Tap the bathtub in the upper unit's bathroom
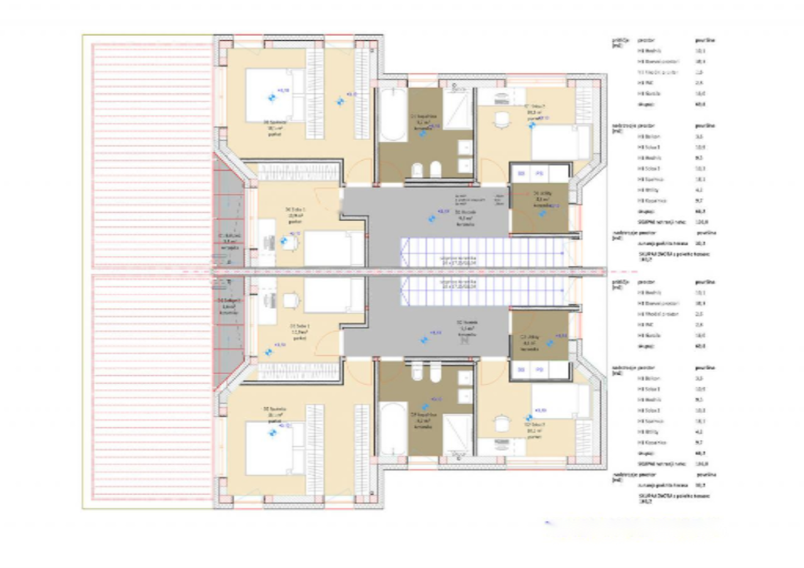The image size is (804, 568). click(x=393, y=115)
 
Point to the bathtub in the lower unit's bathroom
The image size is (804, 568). click(x=393, y=429)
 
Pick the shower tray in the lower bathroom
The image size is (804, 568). click(x=457, y=434)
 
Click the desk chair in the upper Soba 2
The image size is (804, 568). click(x=501, y=119)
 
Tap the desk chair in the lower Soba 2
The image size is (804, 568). click(x=501, y=424)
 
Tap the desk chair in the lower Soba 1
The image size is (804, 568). click(x=290, y=301)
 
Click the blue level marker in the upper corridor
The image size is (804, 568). click(x=432, y=218)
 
